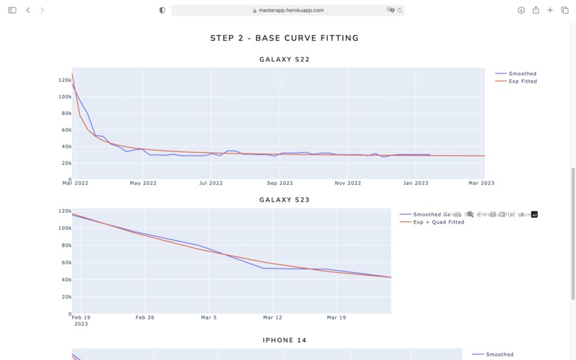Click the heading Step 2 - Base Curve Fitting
point(284,38)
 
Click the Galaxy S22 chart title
point(284,59)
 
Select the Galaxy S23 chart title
point(284,200)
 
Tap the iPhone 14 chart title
point(284,340)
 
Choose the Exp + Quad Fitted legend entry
point(438,222)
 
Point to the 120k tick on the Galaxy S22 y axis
point(64,80)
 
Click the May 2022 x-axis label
point(143,184)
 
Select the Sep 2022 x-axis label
point(281,184)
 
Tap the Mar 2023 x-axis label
point(481,184)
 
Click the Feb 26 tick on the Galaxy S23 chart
point(145,317)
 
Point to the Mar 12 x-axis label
point(272,317)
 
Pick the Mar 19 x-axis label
point(336,317)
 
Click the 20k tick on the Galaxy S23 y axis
point(64,297)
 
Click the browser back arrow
point(28,10)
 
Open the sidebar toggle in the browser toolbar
point(12,10)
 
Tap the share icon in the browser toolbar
point(535,10)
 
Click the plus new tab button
point(550,10)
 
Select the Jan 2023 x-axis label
point(415,184)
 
